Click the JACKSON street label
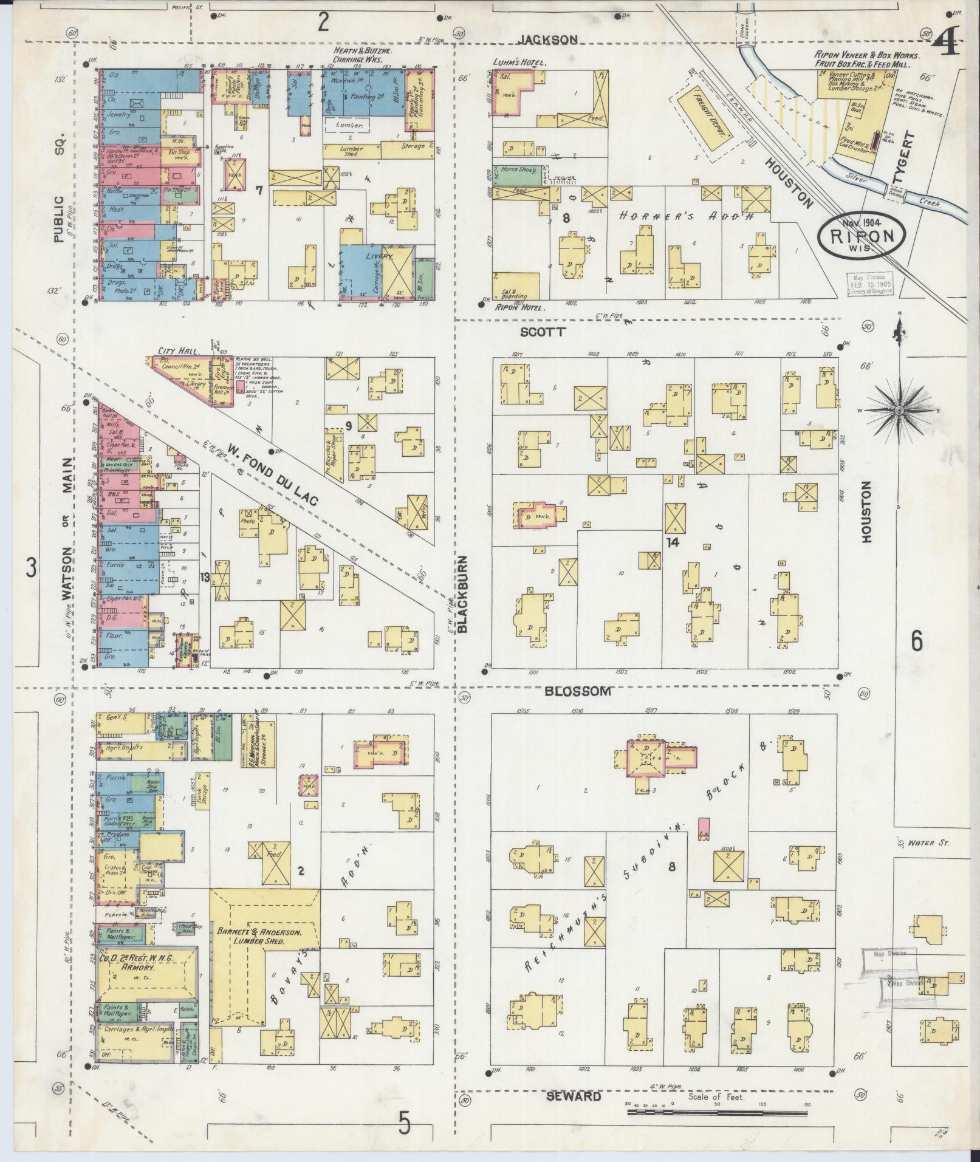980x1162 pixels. [x=547, y=39]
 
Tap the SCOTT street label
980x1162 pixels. [x=543, y=332]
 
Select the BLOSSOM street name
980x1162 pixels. [x=577, y=691]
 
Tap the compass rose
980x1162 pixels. [x=897, y=411]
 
